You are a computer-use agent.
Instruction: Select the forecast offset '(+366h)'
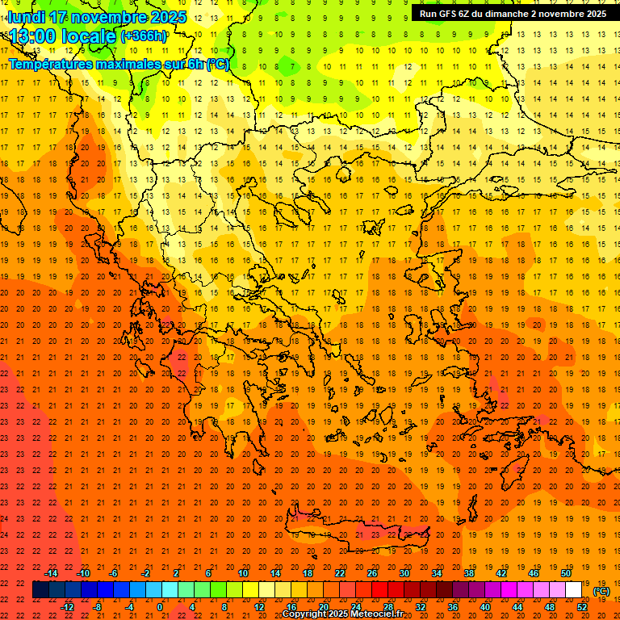point(143,36)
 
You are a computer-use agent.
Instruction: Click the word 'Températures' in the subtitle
point(48,64)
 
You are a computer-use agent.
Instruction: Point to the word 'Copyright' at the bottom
point(305,614)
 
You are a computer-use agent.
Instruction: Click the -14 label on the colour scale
point(52,573)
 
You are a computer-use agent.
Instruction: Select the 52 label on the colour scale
point(582,606)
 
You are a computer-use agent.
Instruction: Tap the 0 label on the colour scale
point(160,606)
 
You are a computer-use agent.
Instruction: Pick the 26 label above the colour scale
point(372,573)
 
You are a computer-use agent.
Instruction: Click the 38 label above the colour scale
point(469,573)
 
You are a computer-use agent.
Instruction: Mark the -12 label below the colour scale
point(67,606)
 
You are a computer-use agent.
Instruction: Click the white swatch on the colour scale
point(573,590)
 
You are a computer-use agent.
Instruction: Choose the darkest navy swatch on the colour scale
point(40,590)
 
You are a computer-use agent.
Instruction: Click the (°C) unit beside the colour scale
point(601,591)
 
